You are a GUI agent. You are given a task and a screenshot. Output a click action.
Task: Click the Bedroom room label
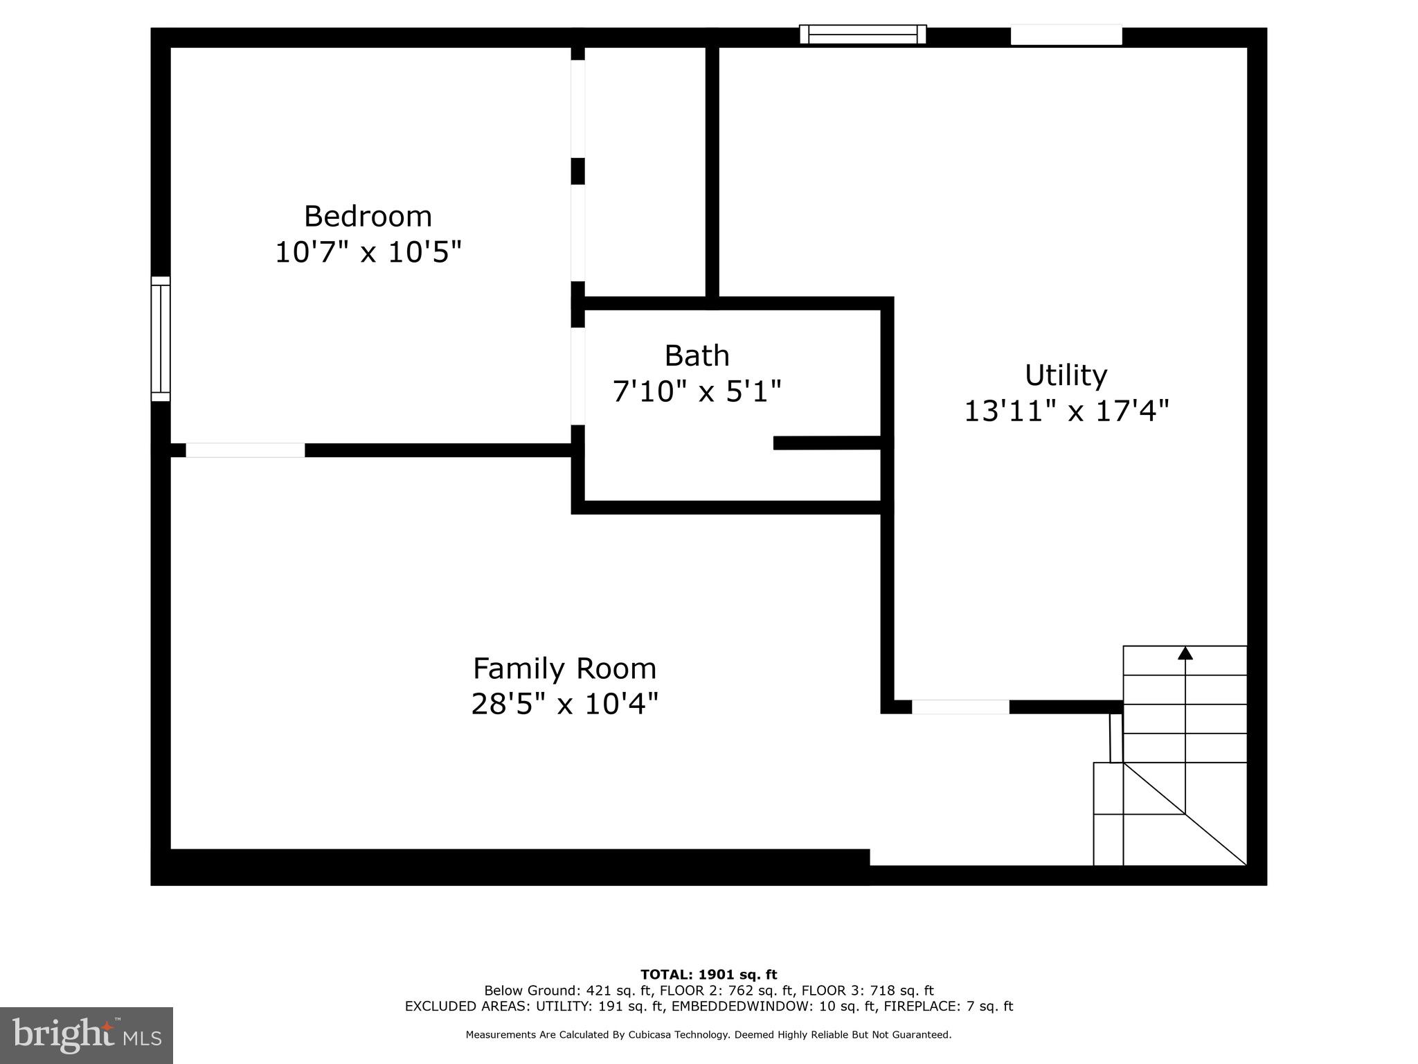point(368,216)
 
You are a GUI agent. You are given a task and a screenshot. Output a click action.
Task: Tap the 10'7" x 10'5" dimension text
point(368,252)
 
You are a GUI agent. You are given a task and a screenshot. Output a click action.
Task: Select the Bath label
point(697,356)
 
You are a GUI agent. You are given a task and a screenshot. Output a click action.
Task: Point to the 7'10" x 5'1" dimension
point(697,391)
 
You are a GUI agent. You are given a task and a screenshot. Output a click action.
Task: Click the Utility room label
point(1066,375)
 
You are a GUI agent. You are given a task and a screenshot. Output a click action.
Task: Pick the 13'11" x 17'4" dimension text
point(1066,411)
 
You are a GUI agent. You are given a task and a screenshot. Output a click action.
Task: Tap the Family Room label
point(564,669)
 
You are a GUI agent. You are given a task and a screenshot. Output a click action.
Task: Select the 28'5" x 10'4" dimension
point(564,704)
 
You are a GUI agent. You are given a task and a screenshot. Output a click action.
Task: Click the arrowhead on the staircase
point(1185,653)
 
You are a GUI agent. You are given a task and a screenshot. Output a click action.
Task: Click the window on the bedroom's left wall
point(161,339)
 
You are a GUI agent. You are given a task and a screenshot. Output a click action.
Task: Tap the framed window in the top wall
point(863,34)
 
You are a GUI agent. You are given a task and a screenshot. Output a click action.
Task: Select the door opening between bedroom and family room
point(245,450)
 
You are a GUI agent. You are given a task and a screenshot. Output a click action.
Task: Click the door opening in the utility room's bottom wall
point(960,707)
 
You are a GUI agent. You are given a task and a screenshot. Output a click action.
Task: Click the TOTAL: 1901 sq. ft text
point(708,975)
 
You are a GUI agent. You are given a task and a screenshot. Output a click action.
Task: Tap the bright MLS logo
point(86,1036)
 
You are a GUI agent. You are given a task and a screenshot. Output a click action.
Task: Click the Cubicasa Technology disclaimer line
point(708,1035)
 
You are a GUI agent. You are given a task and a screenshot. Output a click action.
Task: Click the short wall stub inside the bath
point(827,443)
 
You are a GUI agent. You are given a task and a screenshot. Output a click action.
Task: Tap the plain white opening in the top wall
point(1066,35)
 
